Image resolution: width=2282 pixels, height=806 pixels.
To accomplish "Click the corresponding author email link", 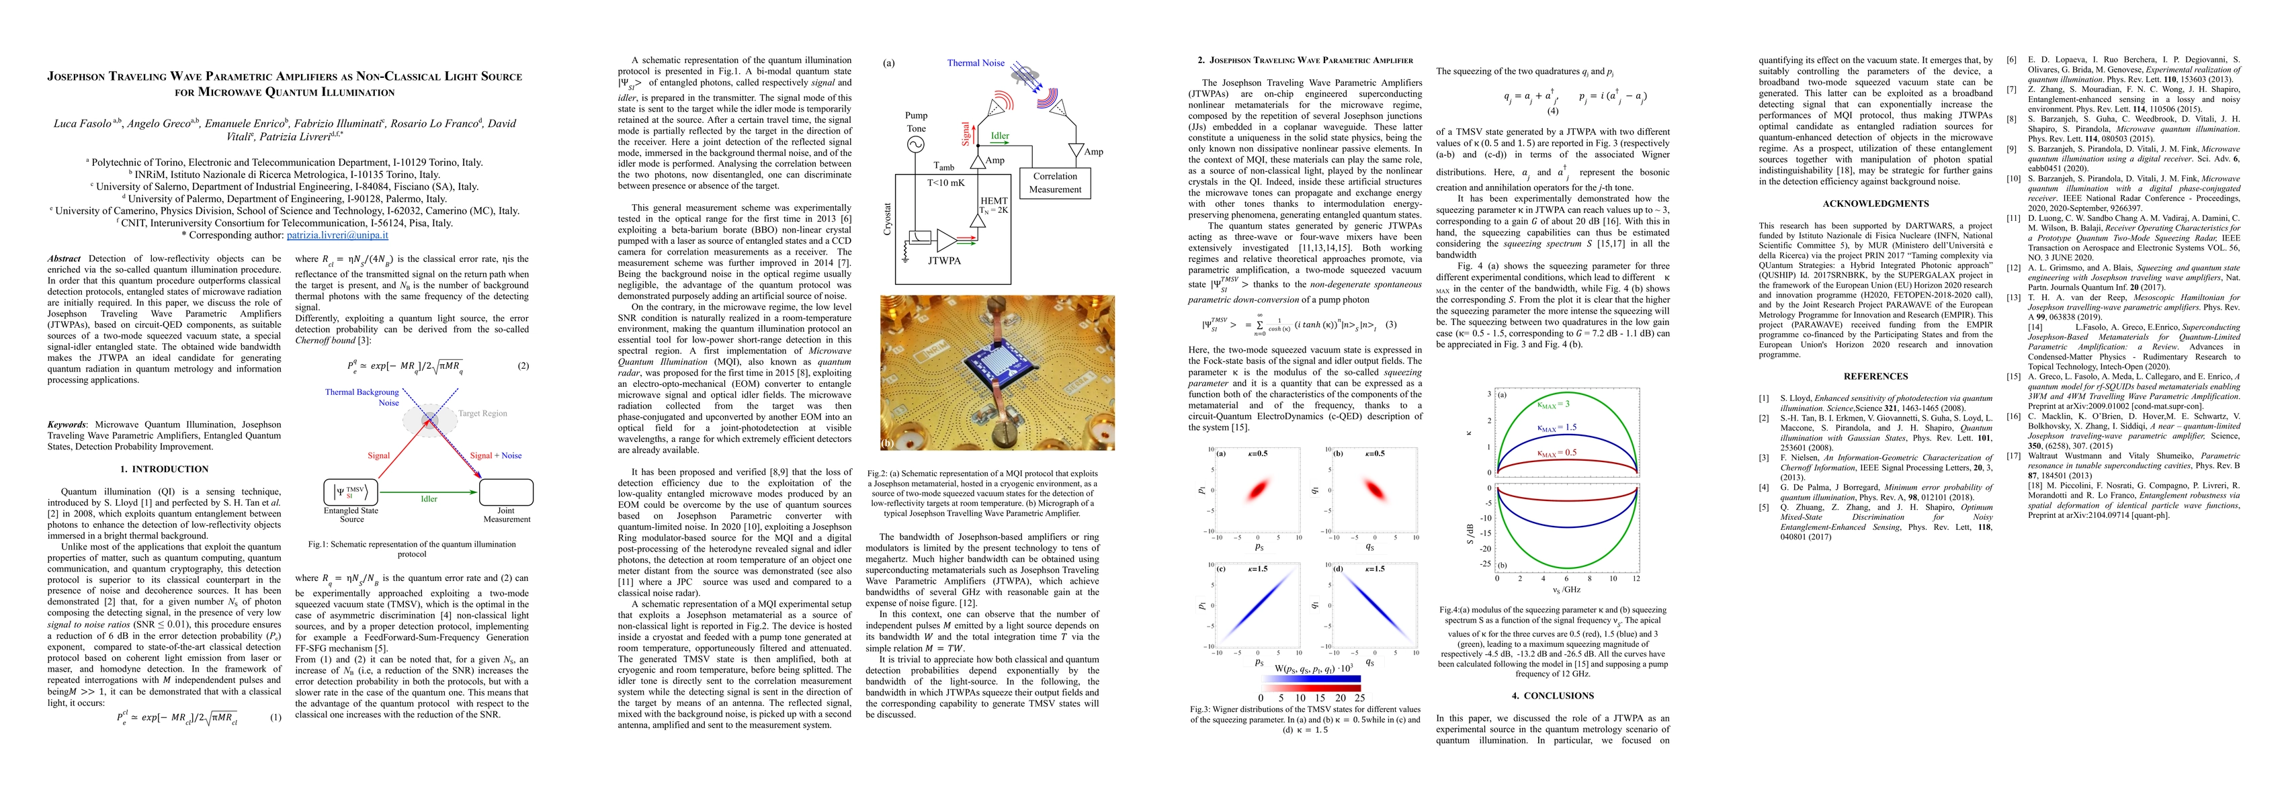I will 337,234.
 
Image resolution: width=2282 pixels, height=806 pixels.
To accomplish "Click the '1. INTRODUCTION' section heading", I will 164,469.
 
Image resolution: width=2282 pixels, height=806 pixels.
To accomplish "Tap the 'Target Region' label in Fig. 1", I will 482,414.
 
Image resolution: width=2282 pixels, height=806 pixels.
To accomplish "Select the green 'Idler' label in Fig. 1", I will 429,498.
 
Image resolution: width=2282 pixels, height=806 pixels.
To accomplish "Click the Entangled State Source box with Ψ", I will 351,492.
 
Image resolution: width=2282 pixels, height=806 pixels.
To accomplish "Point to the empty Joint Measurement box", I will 506,492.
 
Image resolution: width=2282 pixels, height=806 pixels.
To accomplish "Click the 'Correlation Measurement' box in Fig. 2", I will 1054,183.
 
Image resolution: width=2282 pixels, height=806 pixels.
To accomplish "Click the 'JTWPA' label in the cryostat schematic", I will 944,261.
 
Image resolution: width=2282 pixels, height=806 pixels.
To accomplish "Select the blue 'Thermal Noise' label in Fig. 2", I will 975,63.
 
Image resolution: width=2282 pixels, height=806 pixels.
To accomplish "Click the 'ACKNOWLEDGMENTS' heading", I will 1875,204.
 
